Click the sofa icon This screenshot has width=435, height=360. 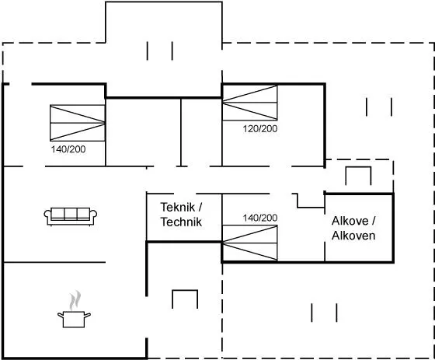tap(71, 216)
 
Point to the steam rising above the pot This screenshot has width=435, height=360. tap(75, 300)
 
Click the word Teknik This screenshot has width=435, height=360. tap(178, 208)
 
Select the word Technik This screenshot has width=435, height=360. tap(181, 222)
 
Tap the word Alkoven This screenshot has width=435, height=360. tap(353, 236)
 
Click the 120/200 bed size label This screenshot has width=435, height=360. tap(260, 128)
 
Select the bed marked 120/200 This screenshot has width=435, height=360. tap(249, 103)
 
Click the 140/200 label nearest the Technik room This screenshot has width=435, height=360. tap(260, 218)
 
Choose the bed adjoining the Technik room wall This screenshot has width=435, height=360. tap(249, 243)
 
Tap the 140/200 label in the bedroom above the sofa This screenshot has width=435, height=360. tap(68, 149)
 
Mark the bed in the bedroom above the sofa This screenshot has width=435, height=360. tap(78, 123)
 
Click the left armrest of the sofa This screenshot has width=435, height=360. tap(47, 216)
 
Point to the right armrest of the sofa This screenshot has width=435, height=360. tap(93, 216)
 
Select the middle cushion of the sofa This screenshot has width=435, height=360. tap(71, 214)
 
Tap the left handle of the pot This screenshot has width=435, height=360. tap(61, 315)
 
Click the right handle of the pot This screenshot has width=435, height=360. tap(87, 315)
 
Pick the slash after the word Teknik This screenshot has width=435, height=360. tap(200, 208)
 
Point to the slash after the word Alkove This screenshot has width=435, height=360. tap(373, 221)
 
